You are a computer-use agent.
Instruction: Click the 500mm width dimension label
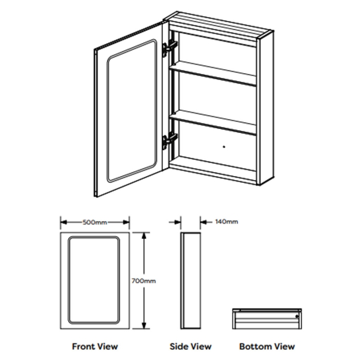click(95, 222)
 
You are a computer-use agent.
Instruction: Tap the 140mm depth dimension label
click(226, 222)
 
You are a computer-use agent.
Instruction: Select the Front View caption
click(95, 347)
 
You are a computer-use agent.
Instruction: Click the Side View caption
click(191, 347)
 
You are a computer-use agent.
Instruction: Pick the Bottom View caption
click(267, 347)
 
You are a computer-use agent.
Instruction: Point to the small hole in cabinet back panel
click(224, 147)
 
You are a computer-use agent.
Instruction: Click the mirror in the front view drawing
click(95, 281)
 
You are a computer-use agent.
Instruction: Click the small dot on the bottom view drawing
click(299, 317)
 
